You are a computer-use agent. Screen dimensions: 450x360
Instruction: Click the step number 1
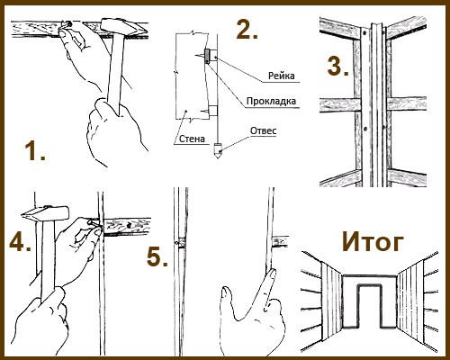[x=35, y=151]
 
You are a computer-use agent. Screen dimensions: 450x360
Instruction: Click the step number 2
[x=247, y=29]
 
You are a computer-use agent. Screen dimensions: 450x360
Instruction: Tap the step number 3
[x=337, y=66]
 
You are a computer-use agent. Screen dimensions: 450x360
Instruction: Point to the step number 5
[x=157, y=257]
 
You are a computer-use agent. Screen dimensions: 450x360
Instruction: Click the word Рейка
[x=281, y=76]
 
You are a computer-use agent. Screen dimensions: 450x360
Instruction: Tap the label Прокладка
[x=271, y=101]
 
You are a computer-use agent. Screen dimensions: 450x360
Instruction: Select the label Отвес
[x=263, y=130]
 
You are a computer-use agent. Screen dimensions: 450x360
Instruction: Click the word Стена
[x=192, y=139]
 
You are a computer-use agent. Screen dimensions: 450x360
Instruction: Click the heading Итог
[x=373, y=242]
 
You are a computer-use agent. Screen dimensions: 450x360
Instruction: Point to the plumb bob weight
[x=218, y=150]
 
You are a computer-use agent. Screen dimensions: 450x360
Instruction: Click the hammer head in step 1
[x=123, y=27]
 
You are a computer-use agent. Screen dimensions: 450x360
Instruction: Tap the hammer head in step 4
[x=45, y=213]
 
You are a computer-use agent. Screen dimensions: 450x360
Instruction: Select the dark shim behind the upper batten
[x=207, y=56]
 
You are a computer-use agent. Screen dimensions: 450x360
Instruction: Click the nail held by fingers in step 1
[x=67, y=24]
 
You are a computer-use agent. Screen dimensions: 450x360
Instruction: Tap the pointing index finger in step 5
[x=268, y=285]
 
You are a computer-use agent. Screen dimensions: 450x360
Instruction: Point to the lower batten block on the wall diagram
[x=213, y=111]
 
